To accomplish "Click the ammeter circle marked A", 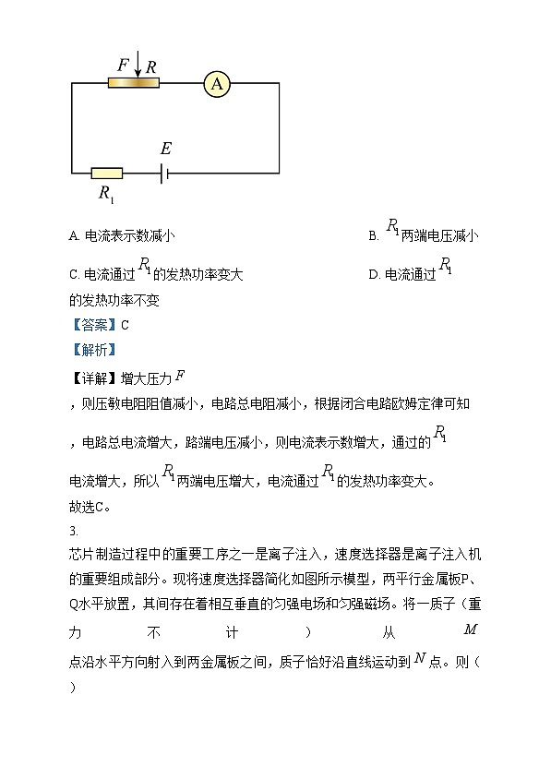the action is click(217, 84).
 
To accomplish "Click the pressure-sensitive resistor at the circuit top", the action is click(133, 83).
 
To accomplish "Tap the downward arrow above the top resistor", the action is click(138, 65).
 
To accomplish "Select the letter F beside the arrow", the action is click(123, 66).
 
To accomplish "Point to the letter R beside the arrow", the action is click(151, 66).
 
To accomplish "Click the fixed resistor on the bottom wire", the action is click(107, 173).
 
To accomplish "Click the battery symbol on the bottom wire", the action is click(163, 173).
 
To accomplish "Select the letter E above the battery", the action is click(165, 150).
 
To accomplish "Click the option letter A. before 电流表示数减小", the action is click(75, 236).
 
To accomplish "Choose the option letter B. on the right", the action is click(374, 236).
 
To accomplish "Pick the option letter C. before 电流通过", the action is click(75, 274).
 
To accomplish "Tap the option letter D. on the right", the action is click(374, 274).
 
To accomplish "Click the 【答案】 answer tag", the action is click(93, 325).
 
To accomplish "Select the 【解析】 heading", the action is click(93, 350).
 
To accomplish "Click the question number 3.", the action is click(73, 531).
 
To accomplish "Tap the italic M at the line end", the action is click(470, 629).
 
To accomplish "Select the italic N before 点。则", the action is click(420, 658).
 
